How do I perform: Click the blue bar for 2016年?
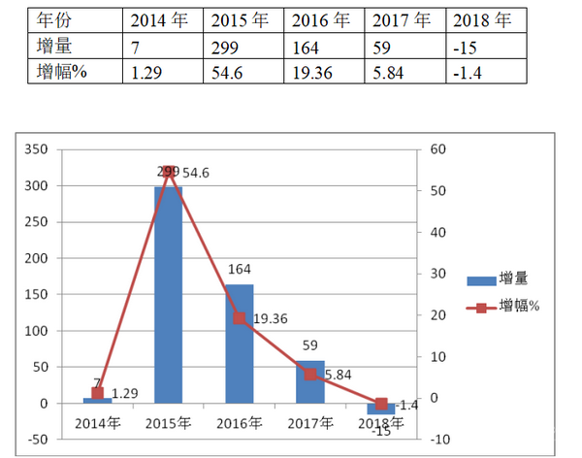click(x=240, y=343)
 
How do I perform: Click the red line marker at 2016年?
click(x=240, y=318)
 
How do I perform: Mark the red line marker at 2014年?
click(x=97, y=393)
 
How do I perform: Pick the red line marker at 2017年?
click(x=310, y=374)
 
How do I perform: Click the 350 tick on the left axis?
click(x=35, y=149)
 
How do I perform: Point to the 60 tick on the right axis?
click(x=436, y=149)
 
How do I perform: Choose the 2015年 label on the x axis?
click(x=168, y=423)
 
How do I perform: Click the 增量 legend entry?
click(x=503, y=279)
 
